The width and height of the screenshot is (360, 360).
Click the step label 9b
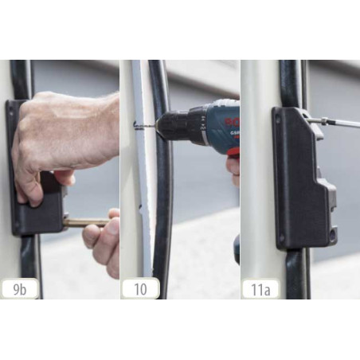coord(20,288)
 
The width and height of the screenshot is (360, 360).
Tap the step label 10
coord(140,288)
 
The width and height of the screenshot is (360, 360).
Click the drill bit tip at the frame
coord(136,123)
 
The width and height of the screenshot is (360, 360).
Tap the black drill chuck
coord(171,126)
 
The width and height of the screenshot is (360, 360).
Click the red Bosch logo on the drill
coord(232,122)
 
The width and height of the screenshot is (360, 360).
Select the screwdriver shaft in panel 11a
coord(338,123)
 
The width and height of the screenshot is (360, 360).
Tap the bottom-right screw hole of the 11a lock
coord(327,233)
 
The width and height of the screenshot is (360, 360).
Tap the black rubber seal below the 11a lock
coord(296,275)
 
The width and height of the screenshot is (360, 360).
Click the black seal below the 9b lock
coord(29,267)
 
